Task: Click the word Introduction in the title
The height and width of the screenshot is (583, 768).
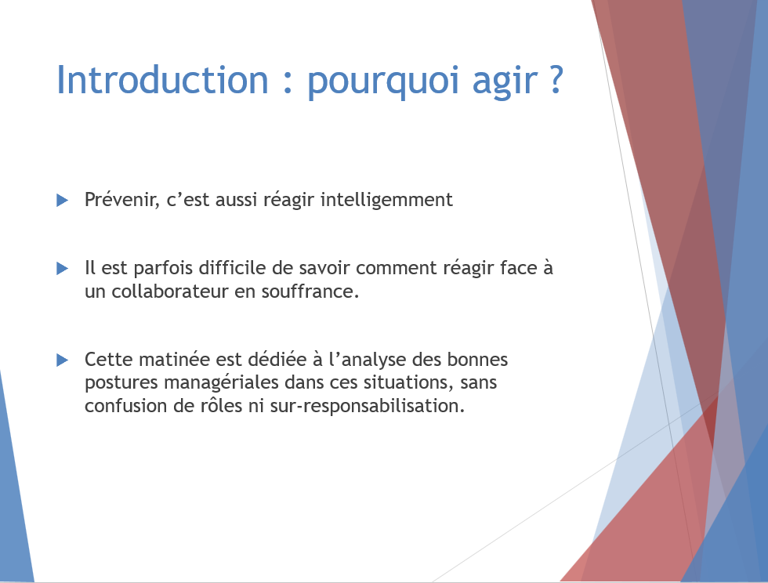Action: [x=163, y=79]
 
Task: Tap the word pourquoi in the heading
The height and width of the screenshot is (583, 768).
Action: [x=383, y=82]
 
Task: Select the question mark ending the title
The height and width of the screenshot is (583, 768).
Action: [x=556, y=79]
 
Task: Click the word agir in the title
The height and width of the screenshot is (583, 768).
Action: [x=505, y=82]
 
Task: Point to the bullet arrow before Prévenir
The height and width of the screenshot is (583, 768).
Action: [x=62, y=200]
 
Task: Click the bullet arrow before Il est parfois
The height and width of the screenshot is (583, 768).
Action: [x=62, y=268]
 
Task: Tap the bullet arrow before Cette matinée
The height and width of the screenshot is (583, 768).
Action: [x=62, y=360]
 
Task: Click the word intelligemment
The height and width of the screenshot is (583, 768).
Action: [x=386, y=201]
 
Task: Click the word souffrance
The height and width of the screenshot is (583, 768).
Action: [x=310, y=291]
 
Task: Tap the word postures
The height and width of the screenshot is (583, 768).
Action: [x=121, y=383]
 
